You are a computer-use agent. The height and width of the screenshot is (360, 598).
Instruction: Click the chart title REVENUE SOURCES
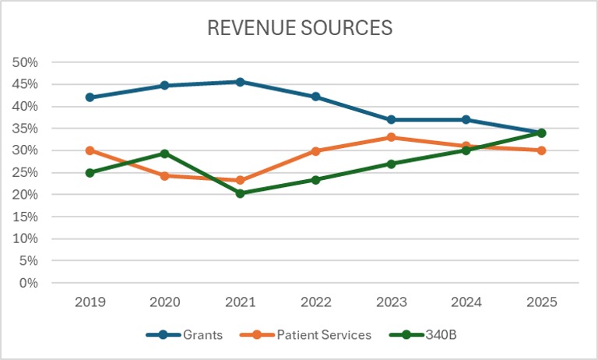coord(299,28)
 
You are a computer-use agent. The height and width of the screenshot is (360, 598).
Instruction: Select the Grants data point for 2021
coord(240,82)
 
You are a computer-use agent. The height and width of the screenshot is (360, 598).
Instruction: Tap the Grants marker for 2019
coord(90,97)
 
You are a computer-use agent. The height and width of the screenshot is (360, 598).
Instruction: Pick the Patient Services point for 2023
coord(391,137)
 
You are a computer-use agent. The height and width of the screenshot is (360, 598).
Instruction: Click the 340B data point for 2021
coord(240,193)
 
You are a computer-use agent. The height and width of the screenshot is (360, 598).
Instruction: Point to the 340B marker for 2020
coord(165,154)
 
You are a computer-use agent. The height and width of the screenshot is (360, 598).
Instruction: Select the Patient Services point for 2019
coord(90,150)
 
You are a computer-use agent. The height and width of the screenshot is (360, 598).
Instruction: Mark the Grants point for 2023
coord(391,119)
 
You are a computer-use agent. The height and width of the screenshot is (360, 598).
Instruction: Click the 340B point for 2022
coord(315,179)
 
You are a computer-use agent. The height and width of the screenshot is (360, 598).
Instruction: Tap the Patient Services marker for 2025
coord(541,150)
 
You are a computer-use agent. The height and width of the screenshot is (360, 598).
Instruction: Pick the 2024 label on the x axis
coord(466,302)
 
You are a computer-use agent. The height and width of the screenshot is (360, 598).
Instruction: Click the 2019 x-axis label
coord(90,302)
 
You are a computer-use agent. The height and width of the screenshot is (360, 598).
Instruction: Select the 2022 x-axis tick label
coord(315,302)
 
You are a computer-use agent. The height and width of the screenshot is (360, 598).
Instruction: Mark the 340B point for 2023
coord(391,164)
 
